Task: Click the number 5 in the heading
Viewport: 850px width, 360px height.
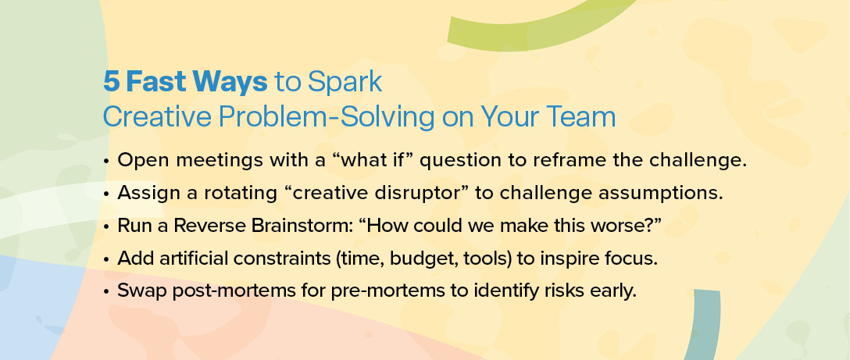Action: pos(111,82)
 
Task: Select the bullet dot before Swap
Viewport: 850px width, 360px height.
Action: pos(106,291)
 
